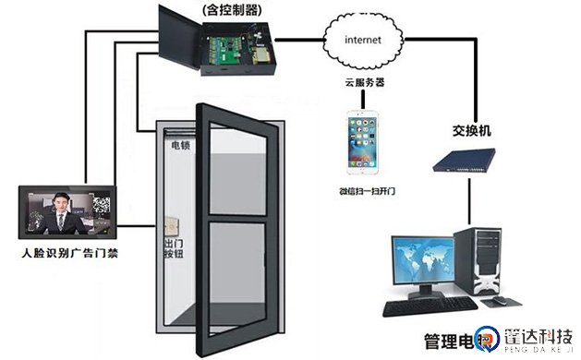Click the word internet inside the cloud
pos(363,40)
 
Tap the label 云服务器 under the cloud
pos(362,83)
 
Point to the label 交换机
pos(470,131)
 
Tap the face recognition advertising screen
pos(68,211)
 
